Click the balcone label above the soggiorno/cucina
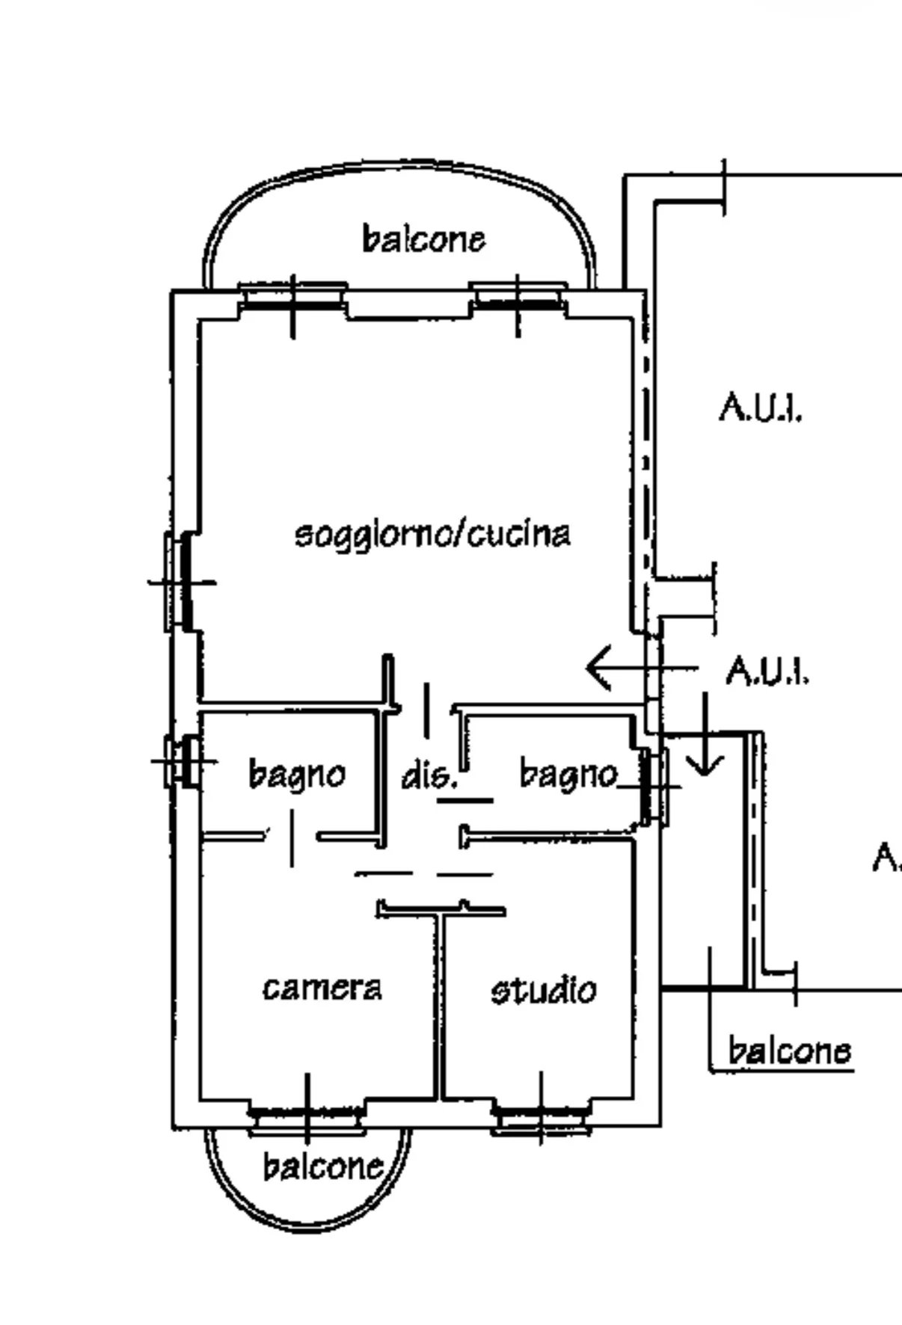point(424,239)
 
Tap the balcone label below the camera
point(323,1166)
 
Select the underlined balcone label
point(789,1051)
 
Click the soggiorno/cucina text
point(433,535)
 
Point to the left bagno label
point(297,775)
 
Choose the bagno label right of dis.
point(568,775)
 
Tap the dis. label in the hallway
point(429,777)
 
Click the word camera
point(322,989)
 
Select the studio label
point(544,990)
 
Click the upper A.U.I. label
point(761,408)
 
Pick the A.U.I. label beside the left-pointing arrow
point(767,670)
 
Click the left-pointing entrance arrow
point(642,668)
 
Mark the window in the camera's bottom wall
point(307,1119)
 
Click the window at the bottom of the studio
point(540,1119)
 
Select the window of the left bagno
point(182,762)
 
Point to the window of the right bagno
point(653,787)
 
